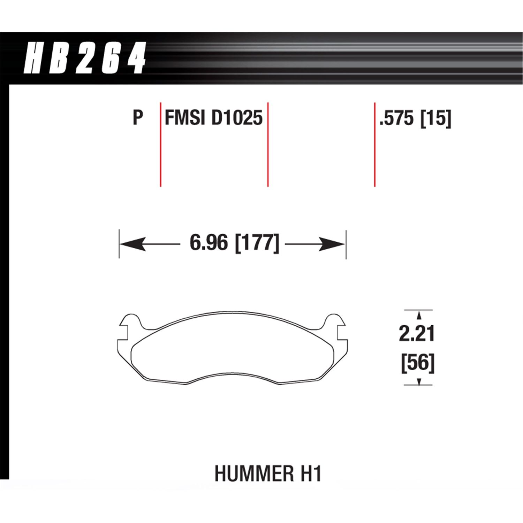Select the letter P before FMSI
coord(138,118)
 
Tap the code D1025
coord(237,118)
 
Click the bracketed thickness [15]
coord(436,118)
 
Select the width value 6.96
coord(209,243)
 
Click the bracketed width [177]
coord(257,243)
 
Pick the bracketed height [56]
coord(418,363)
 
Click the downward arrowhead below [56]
coord(419,381)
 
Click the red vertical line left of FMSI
coord(160,144)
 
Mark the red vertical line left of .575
coord(375,144)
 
